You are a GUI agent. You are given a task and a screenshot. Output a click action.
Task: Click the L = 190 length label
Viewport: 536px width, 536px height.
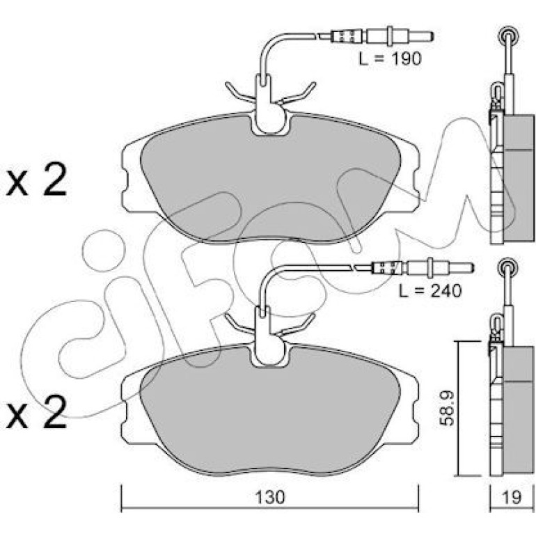click(390, 59)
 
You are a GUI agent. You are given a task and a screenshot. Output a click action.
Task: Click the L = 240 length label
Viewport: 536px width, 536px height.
click(430, 291)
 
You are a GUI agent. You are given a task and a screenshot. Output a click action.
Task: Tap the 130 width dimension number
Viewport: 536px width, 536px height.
click(270, 497)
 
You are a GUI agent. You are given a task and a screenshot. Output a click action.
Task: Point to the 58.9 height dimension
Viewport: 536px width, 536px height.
click(446, 408)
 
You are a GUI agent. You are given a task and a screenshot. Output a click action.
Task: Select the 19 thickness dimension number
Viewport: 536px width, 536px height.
click(512, 497)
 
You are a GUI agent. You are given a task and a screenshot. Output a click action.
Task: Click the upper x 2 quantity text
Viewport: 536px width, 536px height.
click(36, 181)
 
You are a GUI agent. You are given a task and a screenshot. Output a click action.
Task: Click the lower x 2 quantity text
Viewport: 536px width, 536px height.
click(36, 413)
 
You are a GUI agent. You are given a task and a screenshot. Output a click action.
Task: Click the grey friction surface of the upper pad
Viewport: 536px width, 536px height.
click(270, 181)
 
